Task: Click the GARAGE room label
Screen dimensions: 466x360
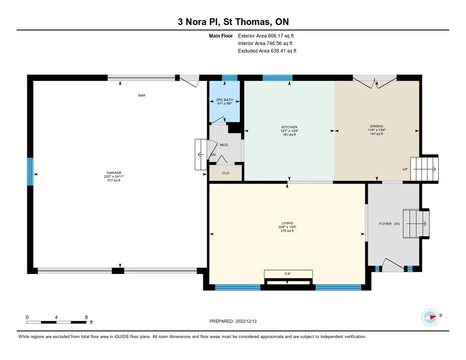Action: [114, 172]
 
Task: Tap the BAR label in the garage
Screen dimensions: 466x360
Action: [142, 96]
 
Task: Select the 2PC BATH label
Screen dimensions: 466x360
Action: [225, 100]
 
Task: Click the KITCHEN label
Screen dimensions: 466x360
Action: [289, 127]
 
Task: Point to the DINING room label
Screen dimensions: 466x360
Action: [376, 126]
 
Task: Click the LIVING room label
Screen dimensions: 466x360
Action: [288, 223]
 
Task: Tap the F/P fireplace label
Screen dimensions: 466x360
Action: [288, 274]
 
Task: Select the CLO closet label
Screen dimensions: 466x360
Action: [226, 172]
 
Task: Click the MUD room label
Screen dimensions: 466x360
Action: [224, 145]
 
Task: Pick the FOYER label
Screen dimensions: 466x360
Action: [385, 223]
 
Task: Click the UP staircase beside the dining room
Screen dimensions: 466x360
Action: [425, 169]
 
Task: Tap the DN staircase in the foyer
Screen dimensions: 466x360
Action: [416, 224]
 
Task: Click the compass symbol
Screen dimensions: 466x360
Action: [430, 317]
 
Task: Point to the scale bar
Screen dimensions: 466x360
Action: [56, 322]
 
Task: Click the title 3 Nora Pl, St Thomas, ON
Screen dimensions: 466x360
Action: [233, 22]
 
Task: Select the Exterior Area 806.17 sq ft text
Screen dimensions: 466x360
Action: [266, 35]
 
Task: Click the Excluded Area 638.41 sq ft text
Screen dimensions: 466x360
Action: [267, 51]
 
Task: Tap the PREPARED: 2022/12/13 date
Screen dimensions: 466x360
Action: [233, 321]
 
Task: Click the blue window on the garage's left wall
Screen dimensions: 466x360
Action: [30, 172]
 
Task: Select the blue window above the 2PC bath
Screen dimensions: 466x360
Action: [230, 77]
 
